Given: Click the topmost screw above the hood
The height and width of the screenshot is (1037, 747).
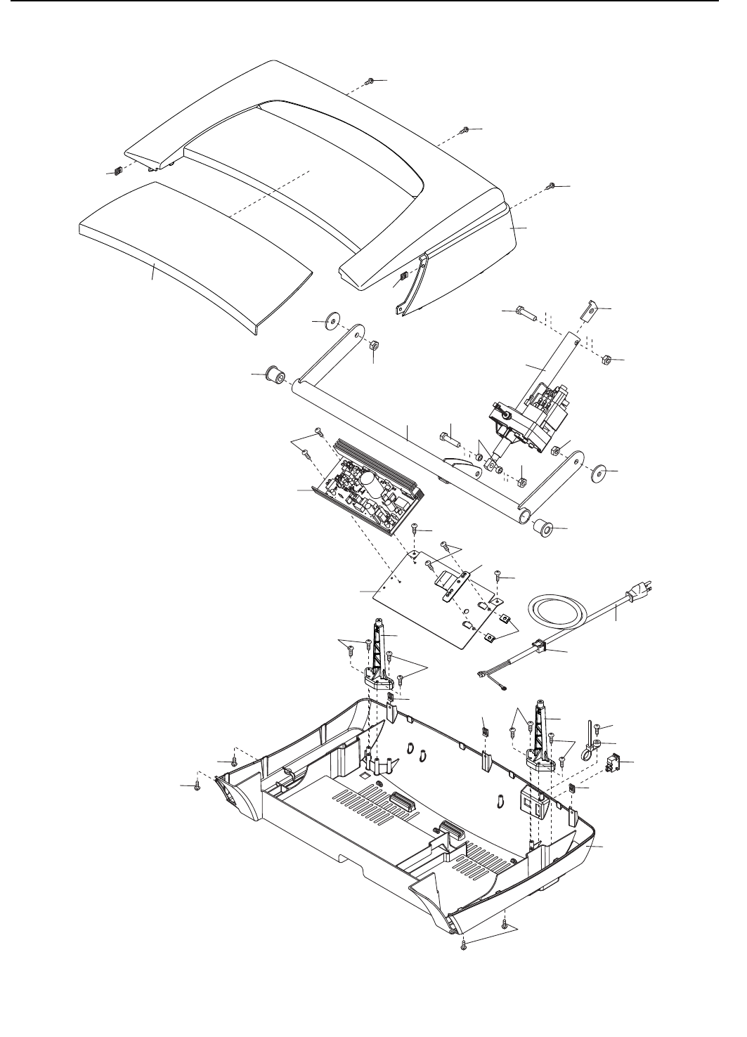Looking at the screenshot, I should [370, 82].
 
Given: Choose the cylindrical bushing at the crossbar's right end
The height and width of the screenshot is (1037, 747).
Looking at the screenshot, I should [543, 526].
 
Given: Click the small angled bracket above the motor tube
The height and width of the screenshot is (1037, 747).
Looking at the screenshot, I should [590, 309].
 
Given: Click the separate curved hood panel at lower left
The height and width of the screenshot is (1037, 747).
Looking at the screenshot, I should [197, 249].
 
